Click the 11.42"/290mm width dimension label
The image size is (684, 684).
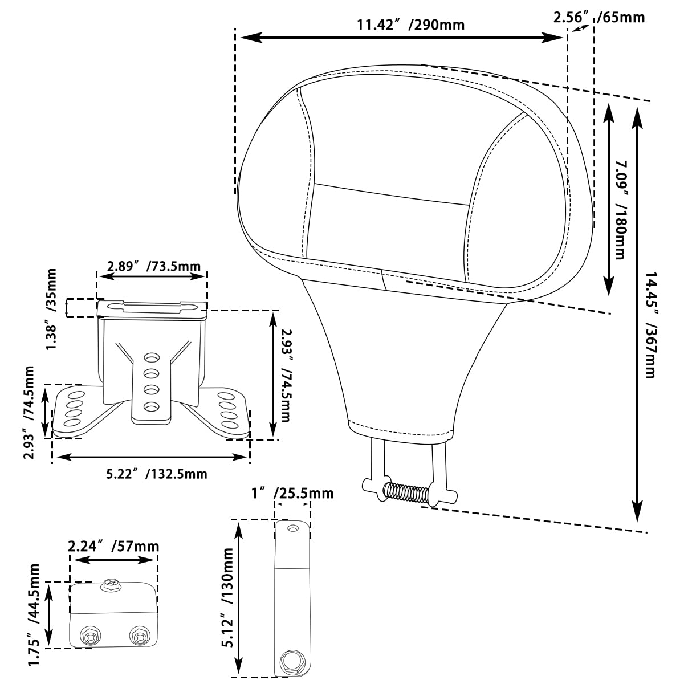point(410,25)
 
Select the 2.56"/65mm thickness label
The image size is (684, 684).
point(599,17)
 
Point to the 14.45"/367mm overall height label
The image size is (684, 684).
point(650,317)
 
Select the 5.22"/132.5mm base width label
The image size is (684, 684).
point(157,474)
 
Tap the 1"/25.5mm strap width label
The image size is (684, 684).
point(292,492)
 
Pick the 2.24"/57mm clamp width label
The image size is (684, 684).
point(113,546)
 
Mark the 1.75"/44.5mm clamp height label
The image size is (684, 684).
point(34,614)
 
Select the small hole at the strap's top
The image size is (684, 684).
point(293,529)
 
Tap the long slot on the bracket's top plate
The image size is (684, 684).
point(151,307)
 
